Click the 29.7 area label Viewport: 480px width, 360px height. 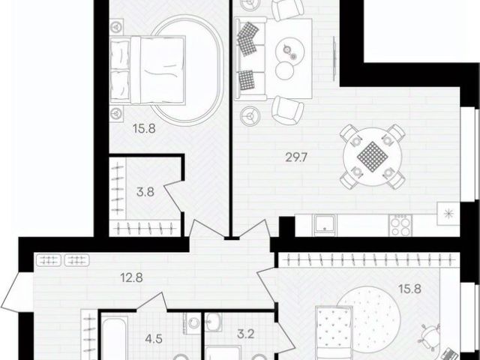pyautogui.click(x=296, y=158)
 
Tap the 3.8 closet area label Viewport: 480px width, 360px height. pyautogui.click(x=145, y=193)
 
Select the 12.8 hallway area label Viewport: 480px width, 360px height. pyautogui.click(x=132, y=278)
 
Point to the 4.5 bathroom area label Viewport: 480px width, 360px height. pyautogui.click(x=154, y=339)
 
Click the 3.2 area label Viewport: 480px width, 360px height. pyautogui.click(x=246, y=334)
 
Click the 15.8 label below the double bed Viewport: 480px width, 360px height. pyautogui.click(x=144, y=128)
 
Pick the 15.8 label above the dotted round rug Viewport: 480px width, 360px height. pyautogui.click(x=410, y=289)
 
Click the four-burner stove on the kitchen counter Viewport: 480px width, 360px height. pyautogui.click(x=400, y=225)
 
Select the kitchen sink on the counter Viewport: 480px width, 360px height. pyautogui.click(x=325, y=225)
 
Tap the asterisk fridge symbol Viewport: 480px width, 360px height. pyautogui.click(x=448, y=213)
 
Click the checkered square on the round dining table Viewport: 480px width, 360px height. pyautogui.click(x=373, y=157)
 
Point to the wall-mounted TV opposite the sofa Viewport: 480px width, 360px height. pyautogui.click(x=334, y=58)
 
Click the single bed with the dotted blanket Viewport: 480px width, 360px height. pyautogui.click(x=334, y=333)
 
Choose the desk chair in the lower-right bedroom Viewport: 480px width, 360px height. pyautogui.click(x=430, y=336)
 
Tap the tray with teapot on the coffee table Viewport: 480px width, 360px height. pyautogui.click(x=289, y=51)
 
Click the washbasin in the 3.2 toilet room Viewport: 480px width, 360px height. pyautogui.click(x=213, y=322)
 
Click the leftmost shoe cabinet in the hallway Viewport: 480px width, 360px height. pyautogui.click(x=49, y=260)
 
